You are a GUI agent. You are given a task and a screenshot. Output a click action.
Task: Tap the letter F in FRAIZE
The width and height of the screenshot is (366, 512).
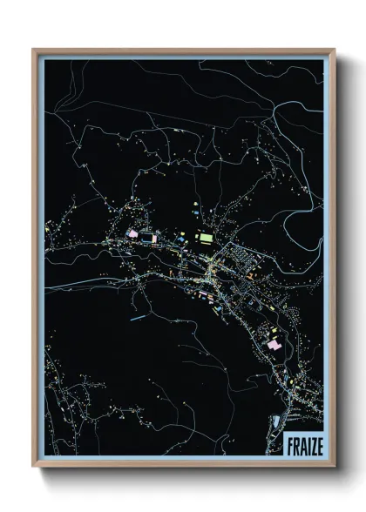click(x=288, y=446)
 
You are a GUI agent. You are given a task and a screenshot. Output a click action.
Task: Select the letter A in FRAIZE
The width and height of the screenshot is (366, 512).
click(x=300, y=446)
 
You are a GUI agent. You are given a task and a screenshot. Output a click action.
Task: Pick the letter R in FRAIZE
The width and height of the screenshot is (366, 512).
click(x=294, y=446)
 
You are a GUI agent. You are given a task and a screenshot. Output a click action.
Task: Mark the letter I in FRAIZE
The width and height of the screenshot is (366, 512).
click(x=304, y=446)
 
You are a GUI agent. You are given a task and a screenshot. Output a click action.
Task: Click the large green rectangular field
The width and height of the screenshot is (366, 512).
click(x=206, y=236)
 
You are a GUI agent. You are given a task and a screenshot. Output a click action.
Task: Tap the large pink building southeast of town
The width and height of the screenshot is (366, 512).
click(x=275, y=347)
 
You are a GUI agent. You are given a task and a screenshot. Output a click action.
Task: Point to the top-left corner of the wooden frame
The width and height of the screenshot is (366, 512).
click(x=34, y=50)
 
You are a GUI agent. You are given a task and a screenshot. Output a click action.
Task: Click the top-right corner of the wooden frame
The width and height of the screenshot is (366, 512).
click(x=335, y=50)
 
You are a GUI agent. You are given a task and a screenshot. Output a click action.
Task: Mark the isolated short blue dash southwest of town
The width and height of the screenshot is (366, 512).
click(x=136, y=319)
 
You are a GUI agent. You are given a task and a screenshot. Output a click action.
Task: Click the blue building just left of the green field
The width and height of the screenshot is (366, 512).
click(x=182, y=236)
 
